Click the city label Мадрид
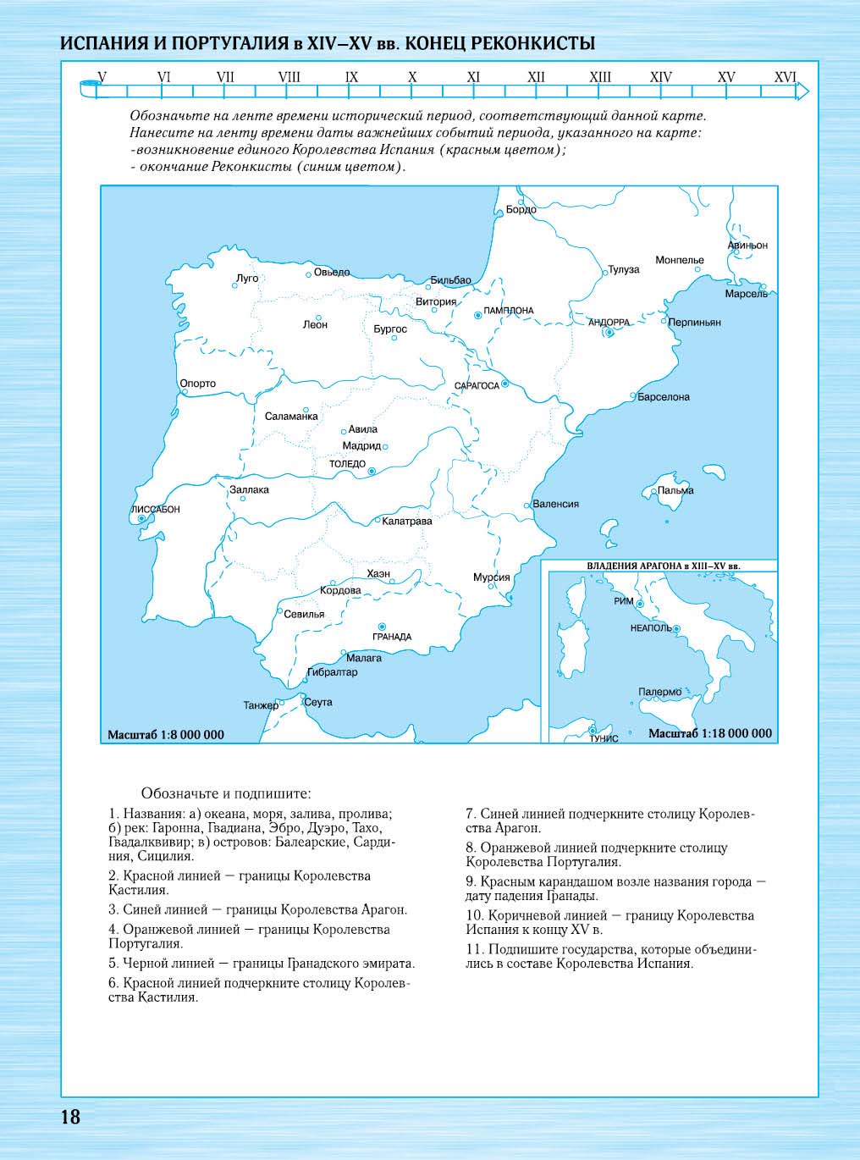[x=361, y=445]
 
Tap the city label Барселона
[x=664, y=396]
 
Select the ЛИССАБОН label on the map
[x=156, y=510]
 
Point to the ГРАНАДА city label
[x=392, y=637]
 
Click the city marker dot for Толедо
[x=371, y=472]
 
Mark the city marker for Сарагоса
[x=505, y=384]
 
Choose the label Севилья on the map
[x=304, y=614]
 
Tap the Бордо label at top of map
[x=521, y=209]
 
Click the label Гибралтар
[x=332, y=672]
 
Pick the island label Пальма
[x=675, y=490]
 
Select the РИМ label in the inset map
[x=623, y=600]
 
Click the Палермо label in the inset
[x=659, y=692]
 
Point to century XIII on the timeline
[x=600, y=77]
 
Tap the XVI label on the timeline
[x=786, y=77]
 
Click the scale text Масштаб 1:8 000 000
[x=166, y=734]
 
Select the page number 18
[x=70, y=1117]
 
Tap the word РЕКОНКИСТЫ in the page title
[x=532, y=43]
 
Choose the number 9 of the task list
[x=469, y=881]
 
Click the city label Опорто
[x=198, y=384]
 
